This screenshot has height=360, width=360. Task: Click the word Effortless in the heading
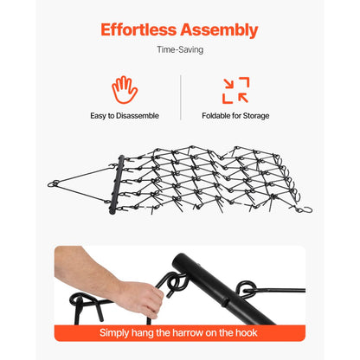coord(138,29)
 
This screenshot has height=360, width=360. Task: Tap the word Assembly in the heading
coord(219,30)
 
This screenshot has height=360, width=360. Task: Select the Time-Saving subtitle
coord(180,49)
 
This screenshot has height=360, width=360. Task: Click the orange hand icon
coord(125,90)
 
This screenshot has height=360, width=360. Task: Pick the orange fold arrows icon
coord(235,90)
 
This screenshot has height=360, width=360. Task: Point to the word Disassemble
coord(138,116)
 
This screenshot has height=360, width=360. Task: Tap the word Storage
coord(256,116)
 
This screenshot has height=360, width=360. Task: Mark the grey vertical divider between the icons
coord(181,98)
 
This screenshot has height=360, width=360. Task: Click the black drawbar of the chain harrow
coord(117,184)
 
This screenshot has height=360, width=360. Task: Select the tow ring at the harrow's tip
coord(54,183)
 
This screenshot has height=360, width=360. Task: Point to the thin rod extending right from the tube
coord(277,290)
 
